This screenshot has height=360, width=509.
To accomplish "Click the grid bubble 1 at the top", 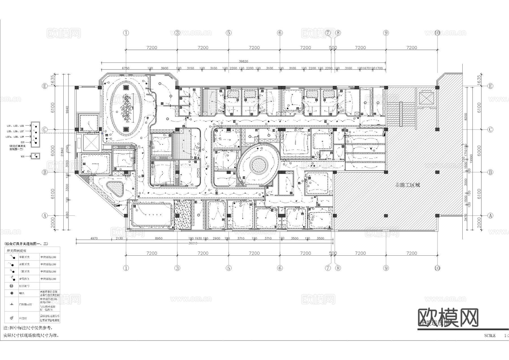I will [126, 33].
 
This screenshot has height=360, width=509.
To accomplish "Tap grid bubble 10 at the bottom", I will [437, 268].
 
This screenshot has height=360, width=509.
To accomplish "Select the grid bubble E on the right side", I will [490, 86].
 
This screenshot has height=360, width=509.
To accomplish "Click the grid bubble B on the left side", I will [45, 172].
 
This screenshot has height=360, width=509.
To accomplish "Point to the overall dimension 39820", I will [243, 61].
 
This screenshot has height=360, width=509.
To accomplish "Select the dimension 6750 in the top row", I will [125, 68].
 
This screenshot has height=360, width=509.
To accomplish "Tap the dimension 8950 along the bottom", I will [159, 238].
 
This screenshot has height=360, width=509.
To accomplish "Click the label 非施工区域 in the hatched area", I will [407, 185].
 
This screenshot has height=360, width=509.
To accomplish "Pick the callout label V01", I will [23, 156].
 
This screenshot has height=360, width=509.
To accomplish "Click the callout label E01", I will [23, 142].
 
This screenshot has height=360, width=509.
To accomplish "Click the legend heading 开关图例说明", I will [16, 251].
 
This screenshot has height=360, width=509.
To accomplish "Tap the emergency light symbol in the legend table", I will [12, 318].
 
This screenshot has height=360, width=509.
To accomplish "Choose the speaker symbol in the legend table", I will [12, 293].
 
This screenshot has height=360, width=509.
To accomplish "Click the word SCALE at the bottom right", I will [490, 336].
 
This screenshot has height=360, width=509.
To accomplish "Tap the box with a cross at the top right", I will [426, 98].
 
